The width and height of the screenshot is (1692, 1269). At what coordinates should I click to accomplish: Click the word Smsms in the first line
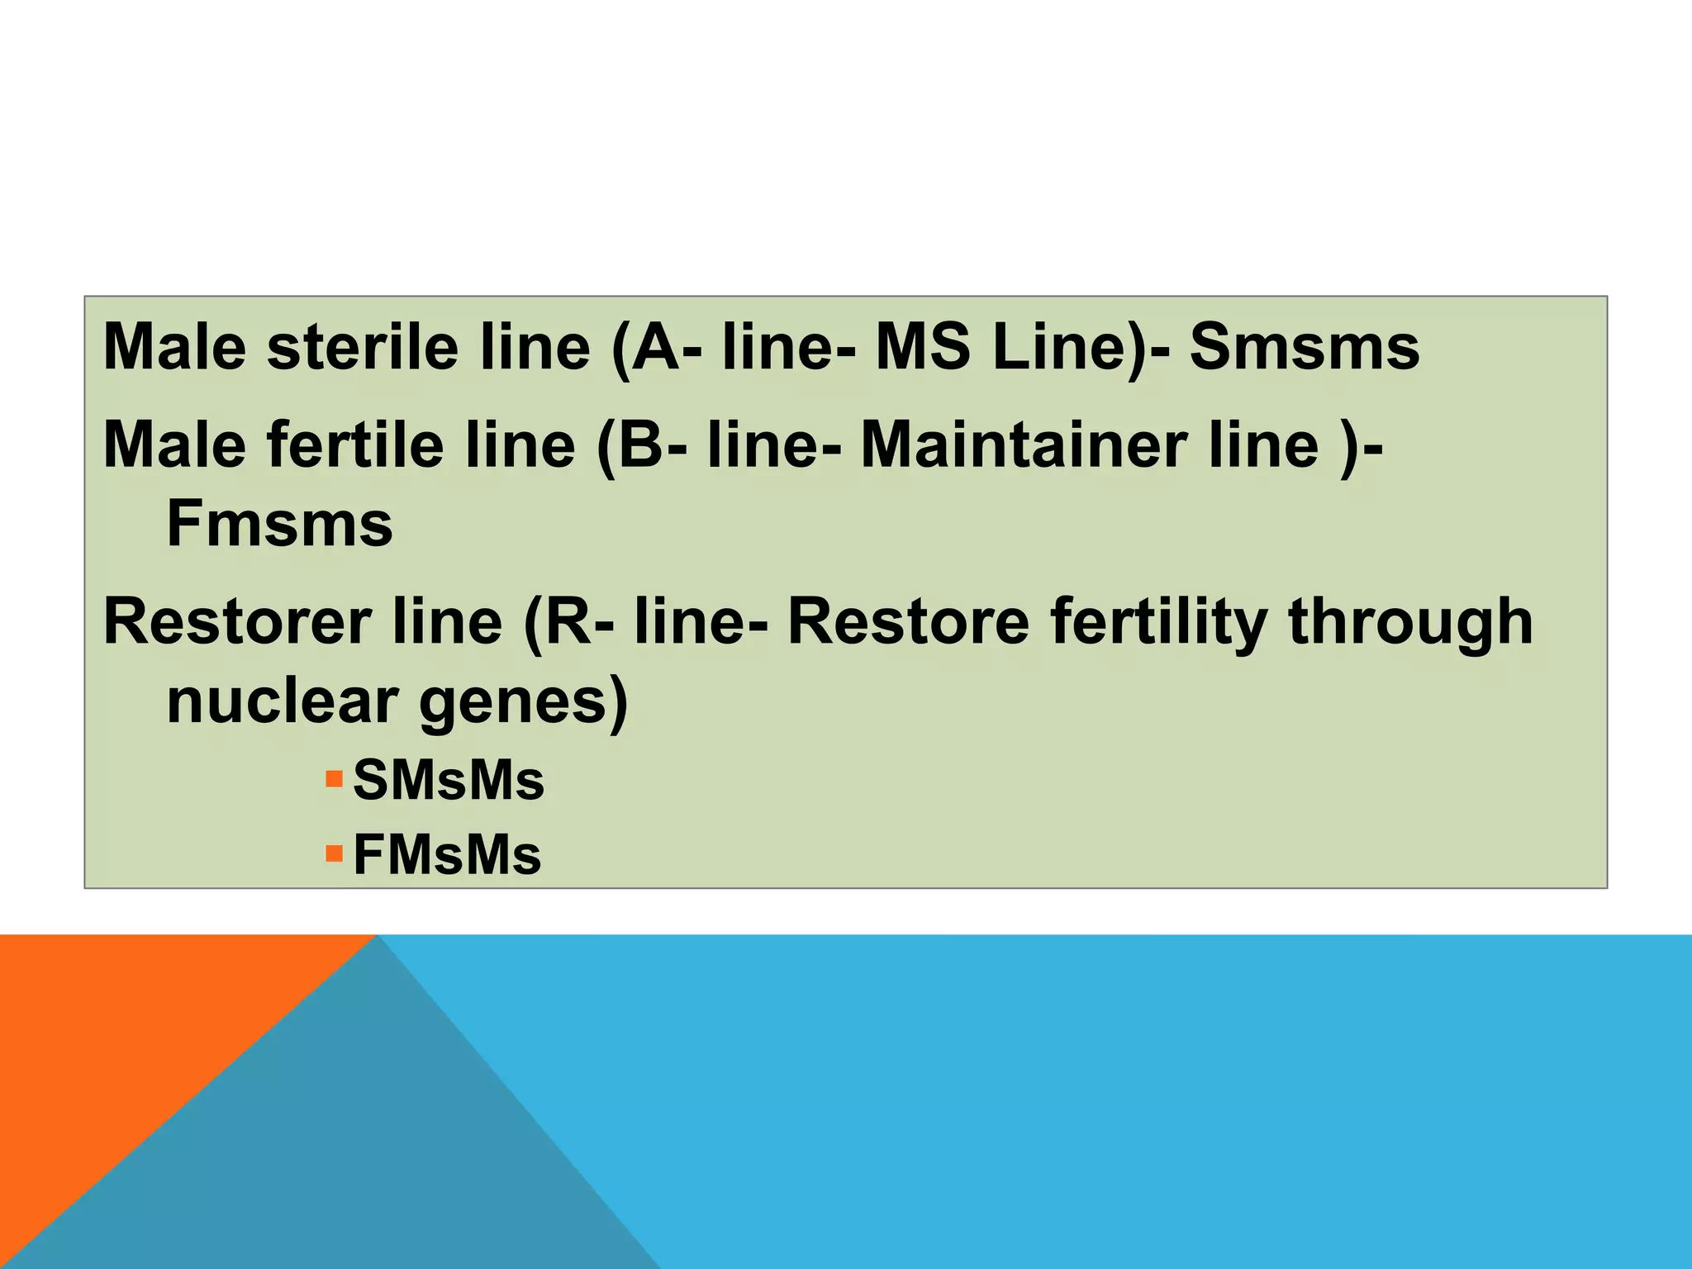pyautogui.click(x=1304, y=347)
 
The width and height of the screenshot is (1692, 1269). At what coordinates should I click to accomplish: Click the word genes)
pyautogui.click(x=524, y=702)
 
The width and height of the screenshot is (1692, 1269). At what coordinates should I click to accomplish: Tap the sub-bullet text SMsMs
pyautogui.click(x=449, y=780)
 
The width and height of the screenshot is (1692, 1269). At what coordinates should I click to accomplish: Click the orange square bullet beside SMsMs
pyautogui.click(x=334, y=778)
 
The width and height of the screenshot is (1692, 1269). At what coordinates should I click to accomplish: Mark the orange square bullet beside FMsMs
pyautogui.click(x=334, y=853)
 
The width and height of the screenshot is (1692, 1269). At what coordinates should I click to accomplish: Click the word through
pyautogui.click(x=1409, y=621)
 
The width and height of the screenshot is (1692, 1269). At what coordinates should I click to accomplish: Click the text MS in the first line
pyautogui.click(x=922, y=347)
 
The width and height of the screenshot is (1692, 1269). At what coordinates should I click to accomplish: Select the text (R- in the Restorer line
pyautogui.click(x=568, y=621)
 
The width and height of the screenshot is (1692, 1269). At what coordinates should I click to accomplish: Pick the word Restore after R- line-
pyautogui.click(x=908, y=621)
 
